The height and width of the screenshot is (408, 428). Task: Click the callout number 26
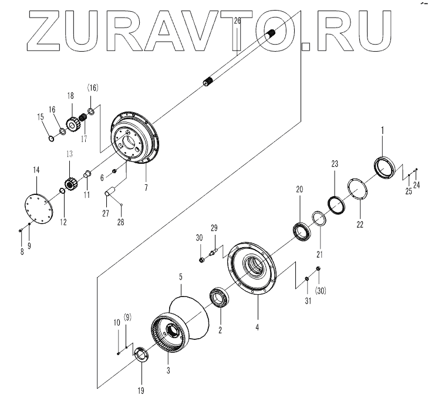point(237,21)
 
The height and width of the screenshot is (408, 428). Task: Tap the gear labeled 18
point(73,124)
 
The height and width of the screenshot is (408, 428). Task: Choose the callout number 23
point(335,165)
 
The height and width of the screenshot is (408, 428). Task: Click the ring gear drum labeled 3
point(170,336)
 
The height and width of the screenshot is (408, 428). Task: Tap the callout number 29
point(214,228)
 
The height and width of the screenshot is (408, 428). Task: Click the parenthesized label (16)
point(93,87)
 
